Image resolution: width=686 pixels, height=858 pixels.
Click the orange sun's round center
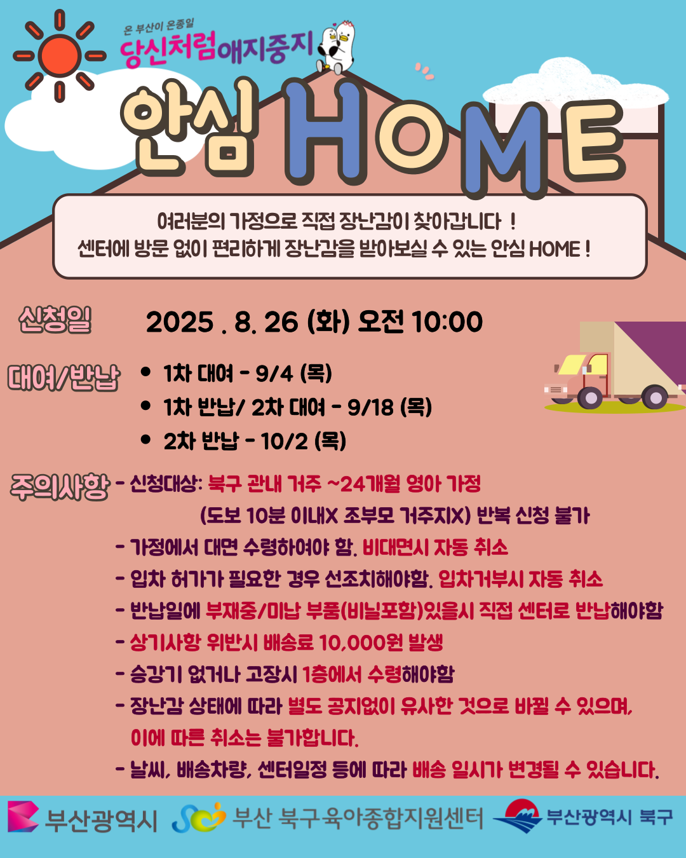click(60, 55)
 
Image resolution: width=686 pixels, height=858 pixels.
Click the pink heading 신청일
click(55, 320)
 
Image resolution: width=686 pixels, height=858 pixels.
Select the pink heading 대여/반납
click(64, 377)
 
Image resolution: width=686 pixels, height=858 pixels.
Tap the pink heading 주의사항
click(60, 487)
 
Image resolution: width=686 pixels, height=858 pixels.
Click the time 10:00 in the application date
click(447, 322)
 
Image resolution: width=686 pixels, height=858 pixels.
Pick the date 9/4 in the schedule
click(274, 374)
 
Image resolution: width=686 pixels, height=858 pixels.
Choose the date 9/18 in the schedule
click(370, 407)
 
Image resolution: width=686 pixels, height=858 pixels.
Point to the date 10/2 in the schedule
click(284, 441)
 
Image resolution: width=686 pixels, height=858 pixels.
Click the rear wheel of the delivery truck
click(654, 397)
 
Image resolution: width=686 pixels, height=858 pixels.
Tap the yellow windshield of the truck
click(572, 364)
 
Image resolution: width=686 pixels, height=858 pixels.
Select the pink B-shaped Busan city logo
click(23, 817)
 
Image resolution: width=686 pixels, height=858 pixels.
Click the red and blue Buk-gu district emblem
click(518, 816)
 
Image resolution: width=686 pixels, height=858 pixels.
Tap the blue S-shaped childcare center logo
click(199, 817)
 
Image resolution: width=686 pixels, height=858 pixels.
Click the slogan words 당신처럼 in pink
click(168, 49)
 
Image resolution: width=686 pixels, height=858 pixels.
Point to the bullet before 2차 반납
click(145, 440)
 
